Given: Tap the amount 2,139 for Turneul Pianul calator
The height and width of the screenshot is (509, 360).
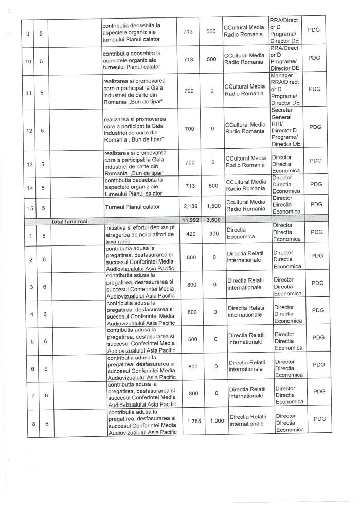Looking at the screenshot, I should [190, 206].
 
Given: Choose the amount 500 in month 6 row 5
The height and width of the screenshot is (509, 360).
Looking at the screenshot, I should [190, 338].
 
